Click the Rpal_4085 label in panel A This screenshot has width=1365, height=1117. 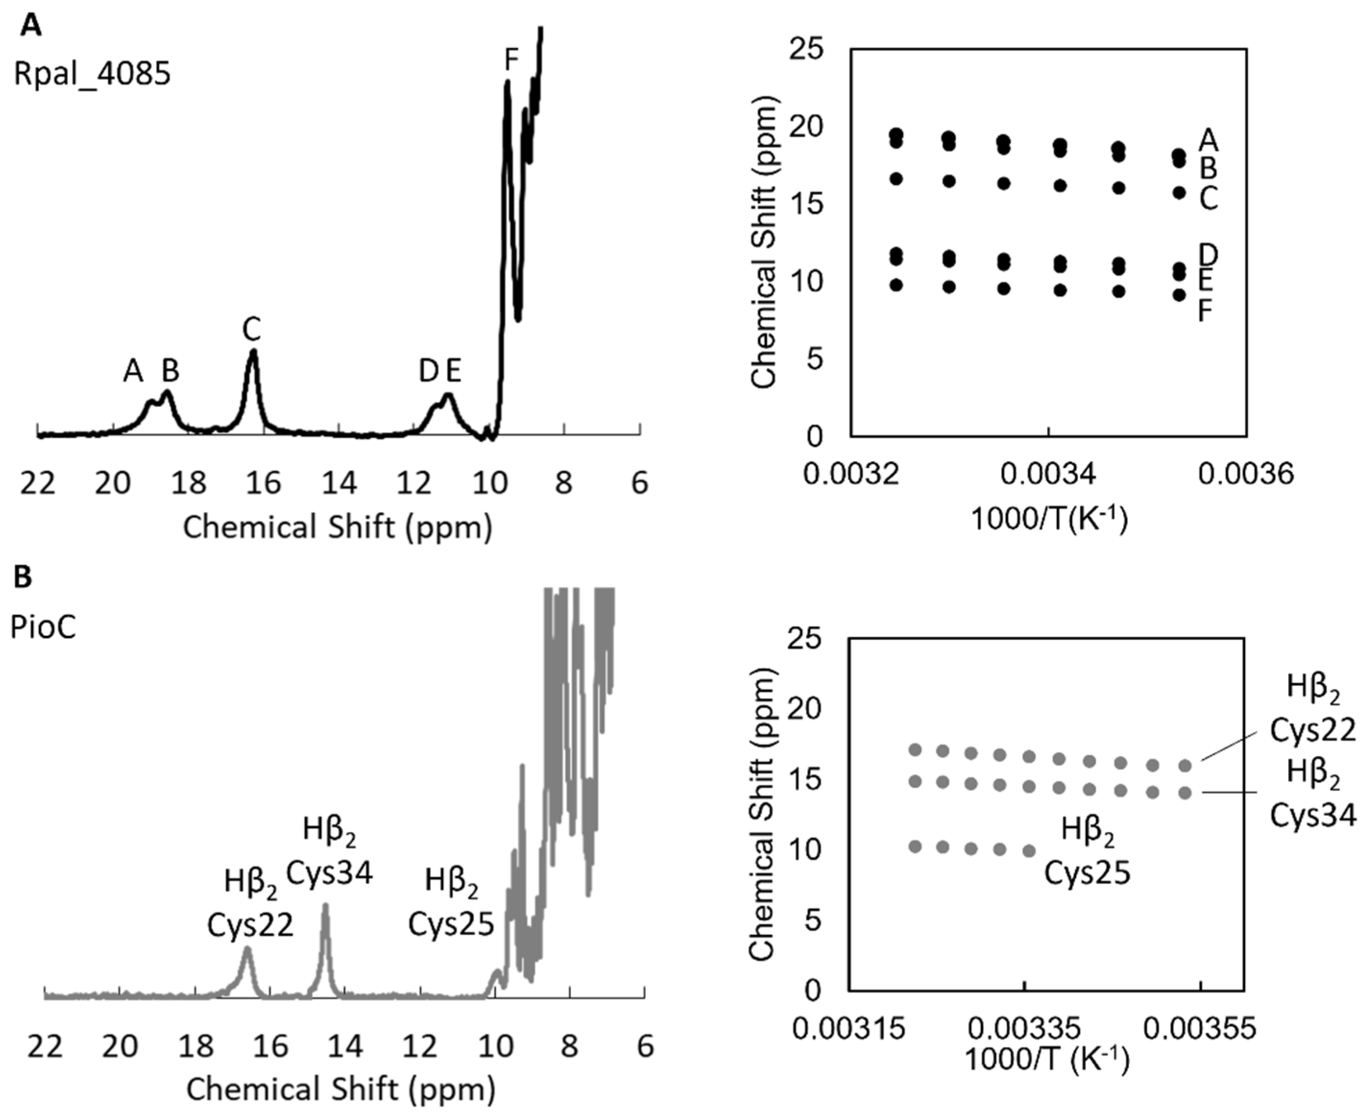point(92,74)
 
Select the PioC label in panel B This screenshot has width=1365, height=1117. point(43,627)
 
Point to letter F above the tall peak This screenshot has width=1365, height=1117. point(511,60)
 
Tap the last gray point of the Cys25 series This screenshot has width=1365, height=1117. point(1029,851)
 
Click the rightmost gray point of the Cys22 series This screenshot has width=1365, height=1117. point(1185,766)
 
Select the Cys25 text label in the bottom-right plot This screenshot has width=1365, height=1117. point(1087,874)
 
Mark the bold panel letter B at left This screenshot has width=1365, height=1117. point(23,577)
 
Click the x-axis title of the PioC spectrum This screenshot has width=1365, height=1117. point(341,1089)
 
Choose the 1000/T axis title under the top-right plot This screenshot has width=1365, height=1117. point(1049,518)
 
